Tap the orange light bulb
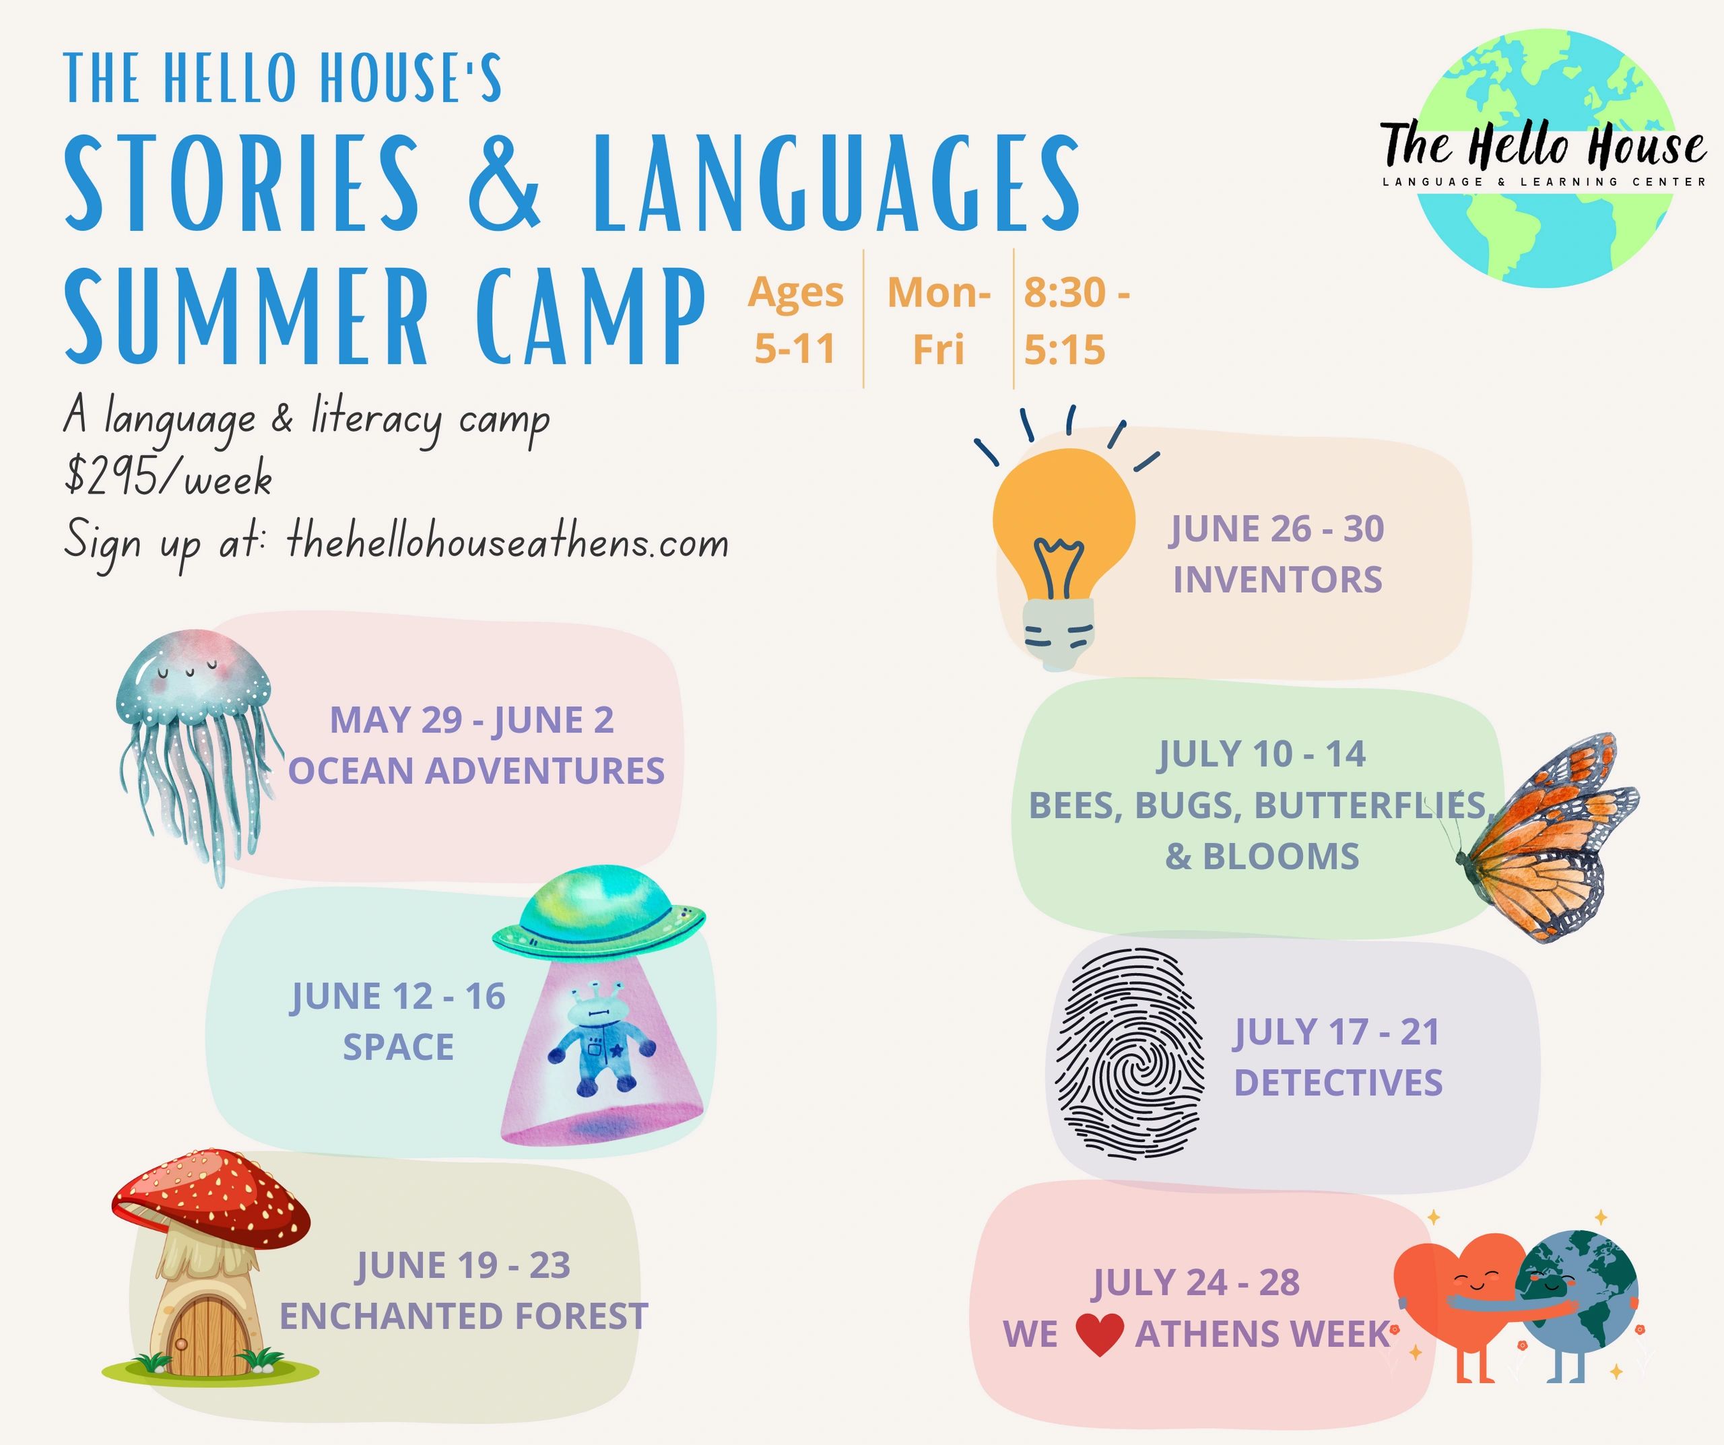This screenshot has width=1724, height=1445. coord(1063,542)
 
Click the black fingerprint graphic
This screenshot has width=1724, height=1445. coord(1129,1054)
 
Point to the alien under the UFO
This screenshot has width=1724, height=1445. coord(603,1041)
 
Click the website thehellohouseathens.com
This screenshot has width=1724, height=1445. coord(507,543)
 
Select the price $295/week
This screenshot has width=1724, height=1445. coord(168,478)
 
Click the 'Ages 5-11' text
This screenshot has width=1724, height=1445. coord(795,321)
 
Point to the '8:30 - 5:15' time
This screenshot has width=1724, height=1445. coord(1076,321)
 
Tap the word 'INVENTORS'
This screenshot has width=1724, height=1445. coord(1278,580)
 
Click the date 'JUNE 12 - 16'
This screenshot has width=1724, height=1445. coord(398,996)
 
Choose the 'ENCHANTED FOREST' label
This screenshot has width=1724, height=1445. coord(464,1316)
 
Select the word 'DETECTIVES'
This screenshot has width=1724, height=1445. coord(1338,1082)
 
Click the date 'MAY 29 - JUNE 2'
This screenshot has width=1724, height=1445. coord(472,720)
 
